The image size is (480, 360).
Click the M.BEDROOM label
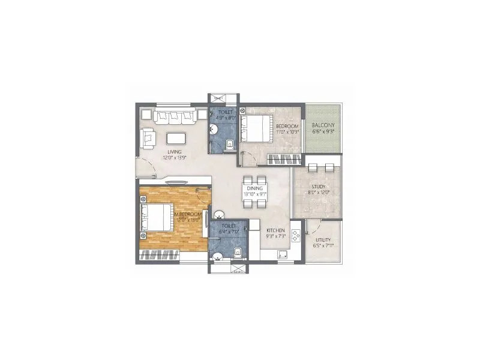[186, 213]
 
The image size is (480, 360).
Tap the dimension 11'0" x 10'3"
[287, 132]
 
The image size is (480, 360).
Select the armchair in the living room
[148, 138]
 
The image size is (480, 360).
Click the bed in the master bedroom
[157, 218]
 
